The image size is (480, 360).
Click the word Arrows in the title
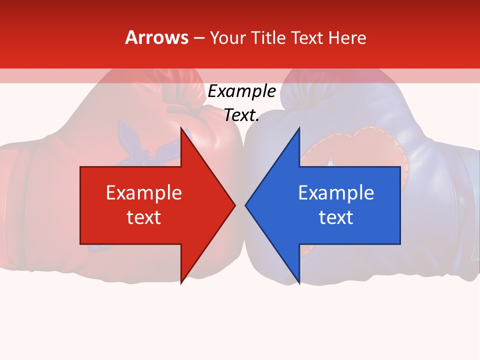pyautogui.click(x=156, y=37)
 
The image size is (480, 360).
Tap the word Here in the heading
pyautogui.click(x=347, y=37)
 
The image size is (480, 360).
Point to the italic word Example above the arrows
pyautogui.click(x=242, y=91)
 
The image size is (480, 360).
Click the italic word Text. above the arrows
pyautogui.click(x=242, y=115)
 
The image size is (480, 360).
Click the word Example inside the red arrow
pyautogui.click(x=144, y=192)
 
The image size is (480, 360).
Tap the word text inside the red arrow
pyautogui.click(x=144, y=217)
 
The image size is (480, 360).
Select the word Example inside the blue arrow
pyautogui.click(x=336, y=192)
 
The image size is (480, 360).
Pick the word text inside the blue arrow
pyautogui.click(x=336, y=217)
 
